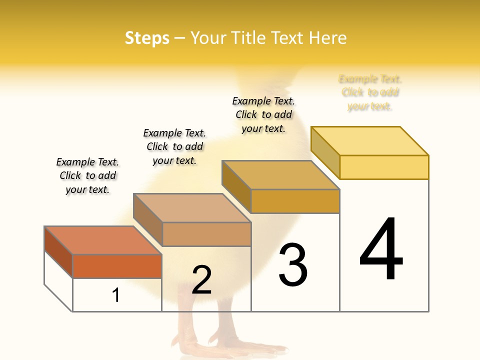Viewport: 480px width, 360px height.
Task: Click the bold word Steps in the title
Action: (147, 38)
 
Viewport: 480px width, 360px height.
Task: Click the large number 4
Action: (381, 248)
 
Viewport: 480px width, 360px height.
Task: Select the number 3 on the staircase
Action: (292, 265)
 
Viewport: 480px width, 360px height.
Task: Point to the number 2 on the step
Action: (201, 280)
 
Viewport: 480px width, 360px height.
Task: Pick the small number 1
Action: (116, 295)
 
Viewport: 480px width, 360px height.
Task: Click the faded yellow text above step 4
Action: (370, 92)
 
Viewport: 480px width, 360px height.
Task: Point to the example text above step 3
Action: (263, 114)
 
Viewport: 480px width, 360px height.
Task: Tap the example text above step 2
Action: (174, 146)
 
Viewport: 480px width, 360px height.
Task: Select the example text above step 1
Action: (87, 175)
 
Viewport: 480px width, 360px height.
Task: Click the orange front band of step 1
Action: (117, 266)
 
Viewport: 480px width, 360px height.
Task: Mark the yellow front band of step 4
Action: (384, 167)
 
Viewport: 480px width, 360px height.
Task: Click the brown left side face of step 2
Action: (148, 218)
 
